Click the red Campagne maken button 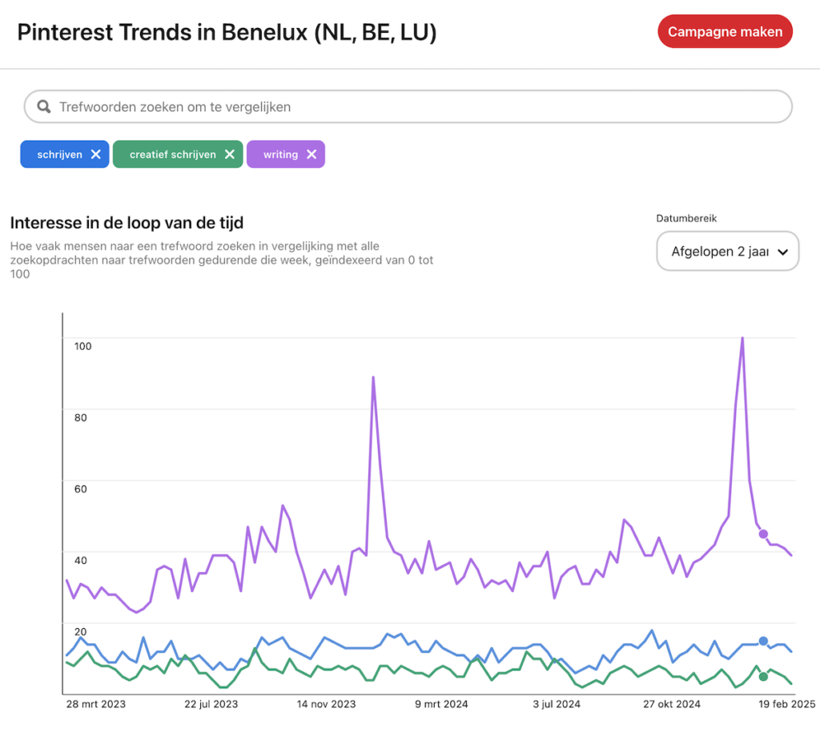point(725,32)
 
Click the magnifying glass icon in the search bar point(44,107)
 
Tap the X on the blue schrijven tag point(95,155)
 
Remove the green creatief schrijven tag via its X point(229,155)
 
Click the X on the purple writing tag point(312,155)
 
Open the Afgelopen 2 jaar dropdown point(727,252)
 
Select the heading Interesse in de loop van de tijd point(127,223)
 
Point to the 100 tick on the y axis point(83,346)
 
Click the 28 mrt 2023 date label point(96,704)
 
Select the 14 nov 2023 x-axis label point(327,704)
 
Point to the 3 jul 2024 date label point(556,704)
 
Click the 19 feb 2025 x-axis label point(788,704)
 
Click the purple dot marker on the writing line point(763,534)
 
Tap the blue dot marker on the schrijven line point(763,641)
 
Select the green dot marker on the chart point(763,677)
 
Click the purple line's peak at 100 point(742,338)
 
